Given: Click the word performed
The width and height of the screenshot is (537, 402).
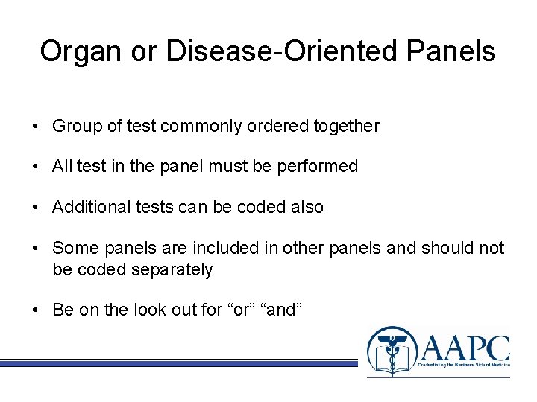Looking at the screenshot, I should (321, 167).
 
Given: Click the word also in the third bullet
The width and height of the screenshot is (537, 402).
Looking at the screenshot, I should (307, 208).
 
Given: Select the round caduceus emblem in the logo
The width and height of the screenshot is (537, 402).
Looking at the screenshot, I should (392, 351).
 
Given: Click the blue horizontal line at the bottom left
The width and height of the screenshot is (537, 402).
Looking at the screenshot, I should (179, 363).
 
